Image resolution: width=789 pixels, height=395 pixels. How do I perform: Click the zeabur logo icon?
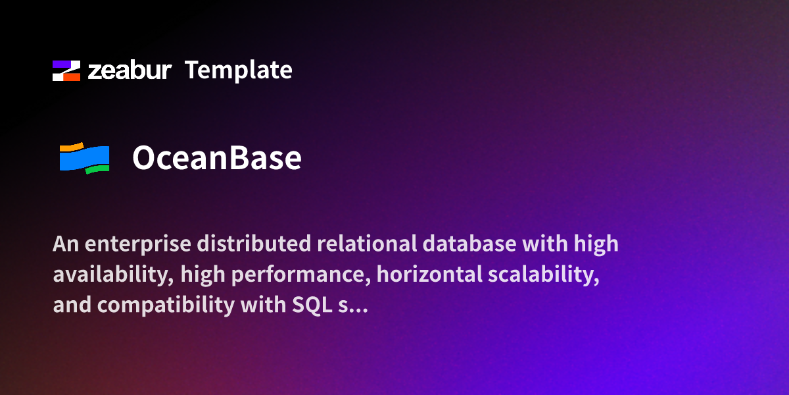[x=66, y=70]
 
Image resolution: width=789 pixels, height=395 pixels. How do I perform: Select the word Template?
[x=238, y=70]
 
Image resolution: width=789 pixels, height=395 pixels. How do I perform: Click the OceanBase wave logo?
[x=84, y=158]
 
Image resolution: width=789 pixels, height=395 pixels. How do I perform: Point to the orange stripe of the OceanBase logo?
[x=71, y=146]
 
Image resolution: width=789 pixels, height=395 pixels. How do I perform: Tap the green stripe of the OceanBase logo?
[x=97, y=170]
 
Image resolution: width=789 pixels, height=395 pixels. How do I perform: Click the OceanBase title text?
[x=217, y=158]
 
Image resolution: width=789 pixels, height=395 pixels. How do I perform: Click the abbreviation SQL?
[x=313, y=306]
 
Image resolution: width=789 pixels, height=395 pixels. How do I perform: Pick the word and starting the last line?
[x=70, y=306]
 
